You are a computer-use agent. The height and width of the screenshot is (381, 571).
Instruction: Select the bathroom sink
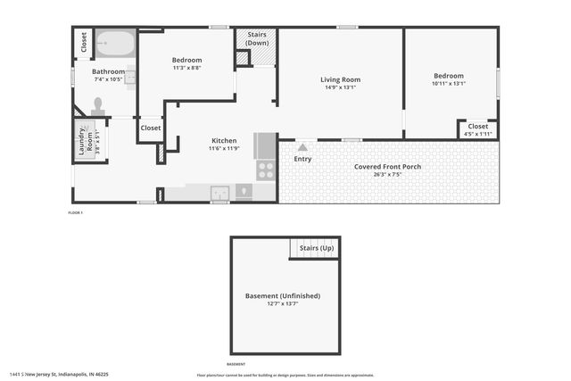130,77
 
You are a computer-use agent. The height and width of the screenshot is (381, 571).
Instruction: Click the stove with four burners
266,170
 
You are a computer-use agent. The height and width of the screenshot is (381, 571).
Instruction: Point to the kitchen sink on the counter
219,192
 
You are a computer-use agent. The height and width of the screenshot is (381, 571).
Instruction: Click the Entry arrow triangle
303,147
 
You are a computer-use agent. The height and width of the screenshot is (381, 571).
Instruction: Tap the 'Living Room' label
340,79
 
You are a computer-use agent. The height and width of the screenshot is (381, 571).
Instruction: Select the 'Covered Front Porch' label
387,167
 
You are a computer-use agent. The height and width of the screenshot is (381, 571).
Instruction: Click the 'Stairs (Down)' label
257,38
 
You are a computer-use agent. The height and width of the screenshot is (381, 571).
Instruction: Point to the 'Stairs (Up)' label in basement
316,248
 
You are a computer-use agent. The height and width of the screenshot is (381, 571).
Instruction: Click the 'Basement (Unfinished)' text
282,295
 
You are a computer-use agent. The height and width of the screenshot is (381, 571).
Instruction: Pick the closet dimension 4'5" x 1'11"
478,134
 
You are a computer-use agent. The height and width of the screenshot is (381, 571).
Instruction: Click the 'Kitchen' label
223,141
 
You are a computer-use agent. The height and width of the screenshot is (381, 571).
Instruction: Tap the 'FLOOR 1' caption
75,212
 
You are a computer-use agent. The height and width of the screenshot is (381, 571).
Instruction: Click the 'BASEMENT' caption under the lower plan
236,364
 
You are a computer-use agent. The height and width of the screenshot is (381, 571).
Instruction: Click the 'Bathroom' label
108,71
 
